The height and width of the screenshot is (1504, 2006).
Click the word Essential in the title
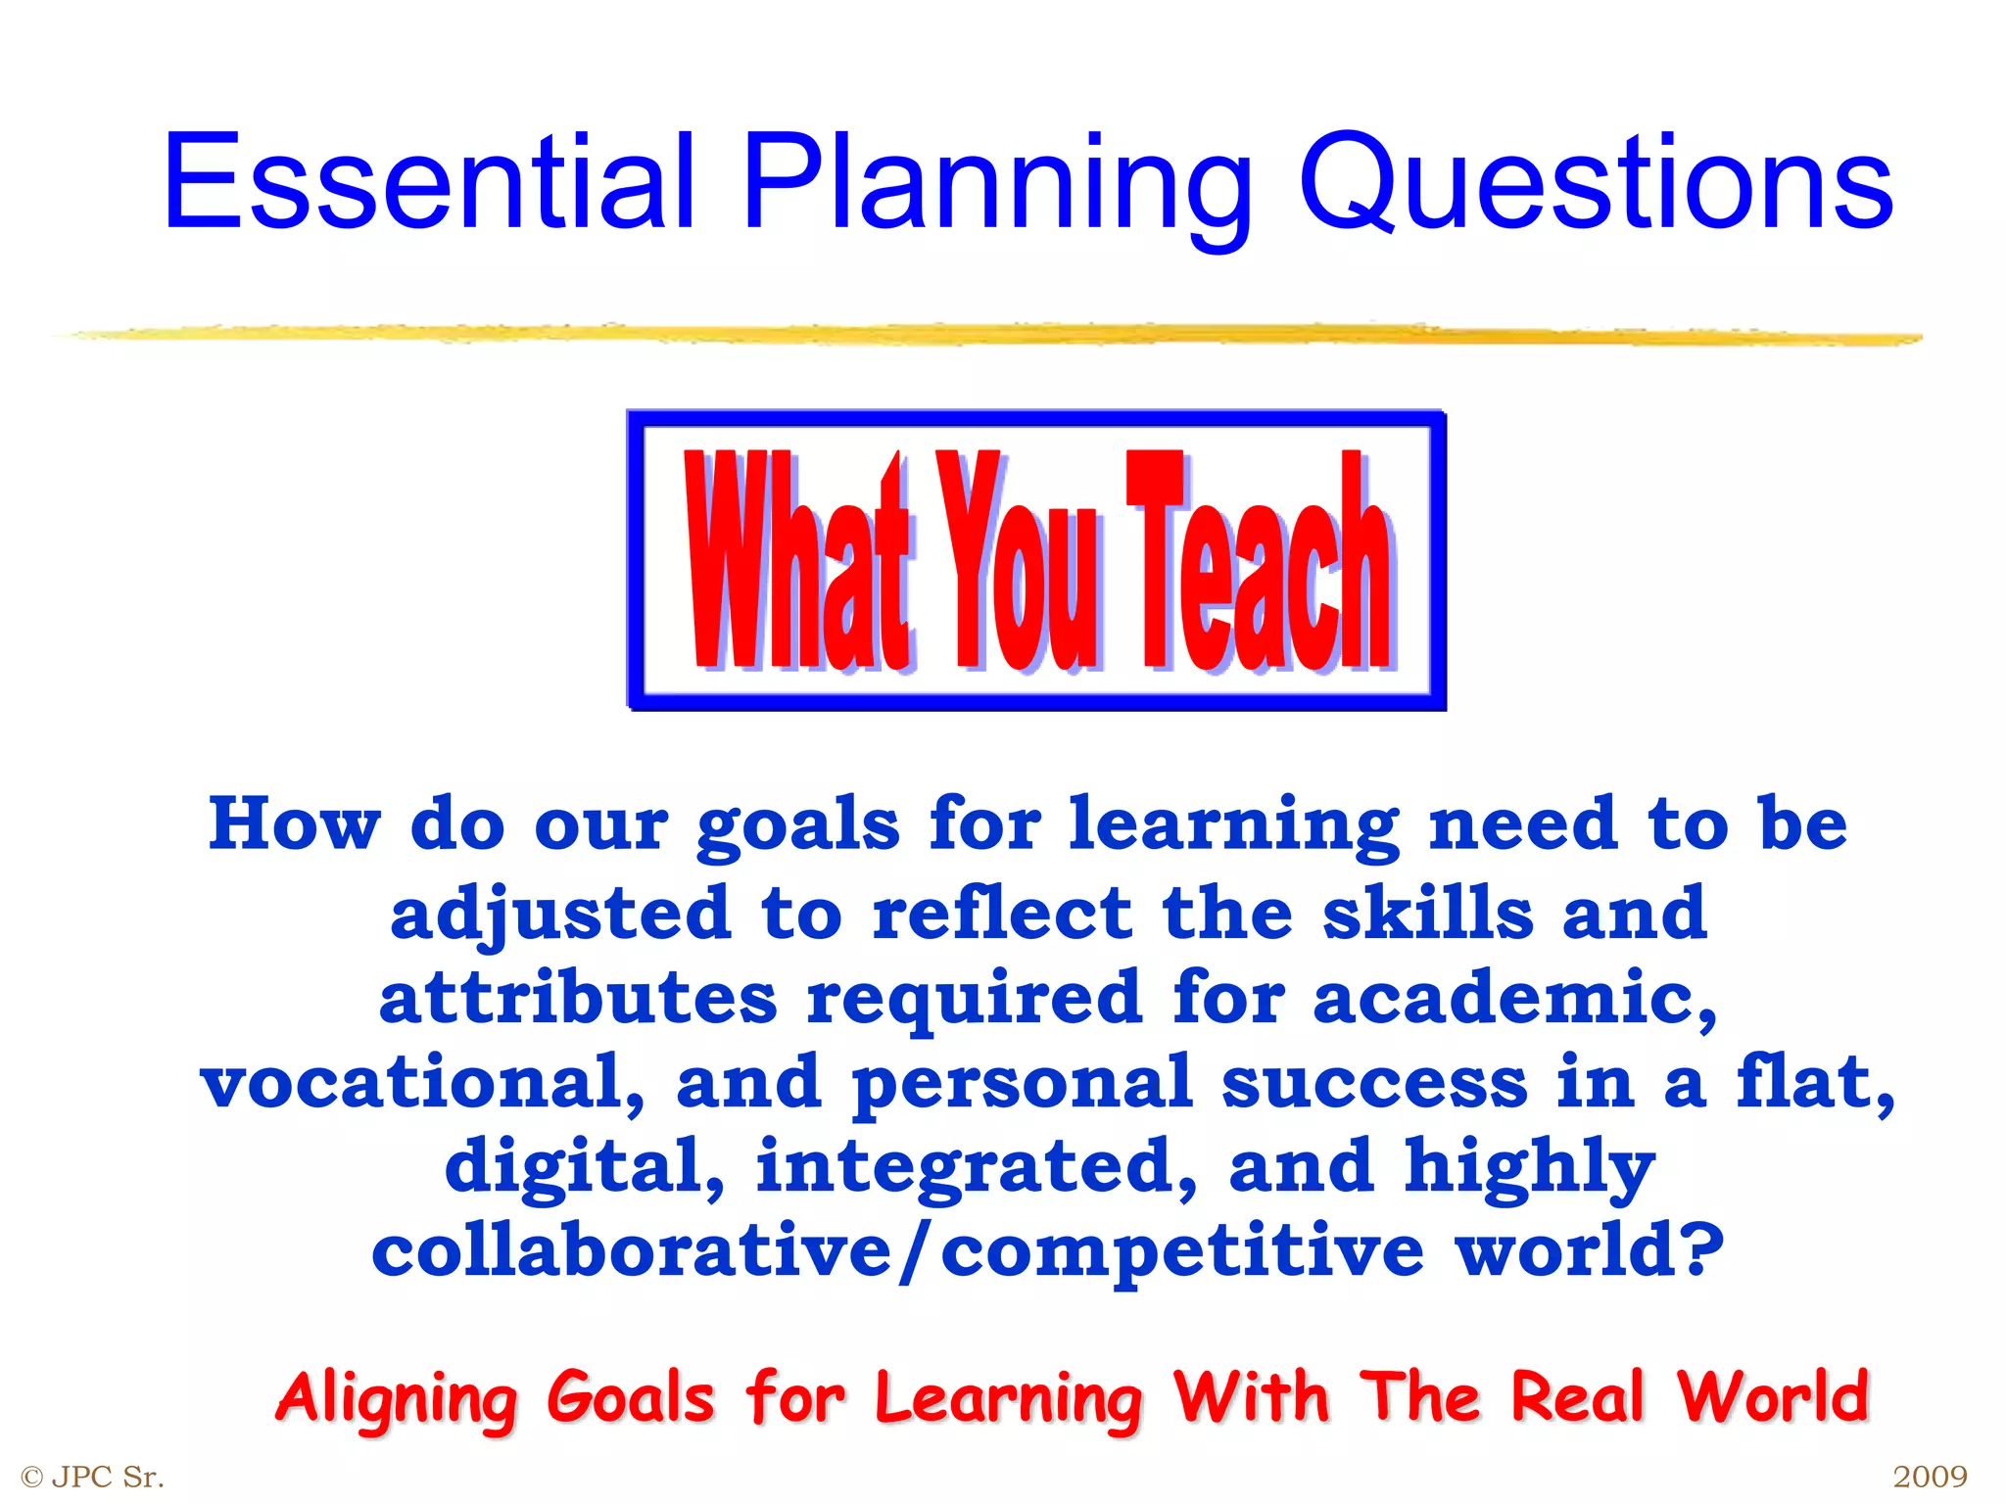[x=428, y=182]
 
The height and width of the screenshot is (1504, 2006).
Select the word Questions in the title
[x=1596, y=182]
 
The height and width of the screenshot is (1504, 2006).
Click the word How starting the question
[x=294, y=824]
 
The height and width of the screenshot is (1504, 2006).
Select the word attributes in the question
[x=578, y=998]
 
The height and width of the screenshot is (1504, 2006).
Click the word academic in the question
[x=1514, y=998]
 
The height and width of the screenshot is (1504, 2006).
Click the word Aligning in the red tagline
[x=396, y=1398]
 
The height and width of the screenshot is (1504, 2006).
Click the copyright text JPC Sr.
[x=94, y=1477]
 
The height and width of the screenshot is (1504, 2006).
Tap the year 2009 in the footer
[x=1930, y=1477]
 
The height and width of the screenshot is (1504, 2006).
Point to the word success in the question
[x=1373, y=1083]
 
